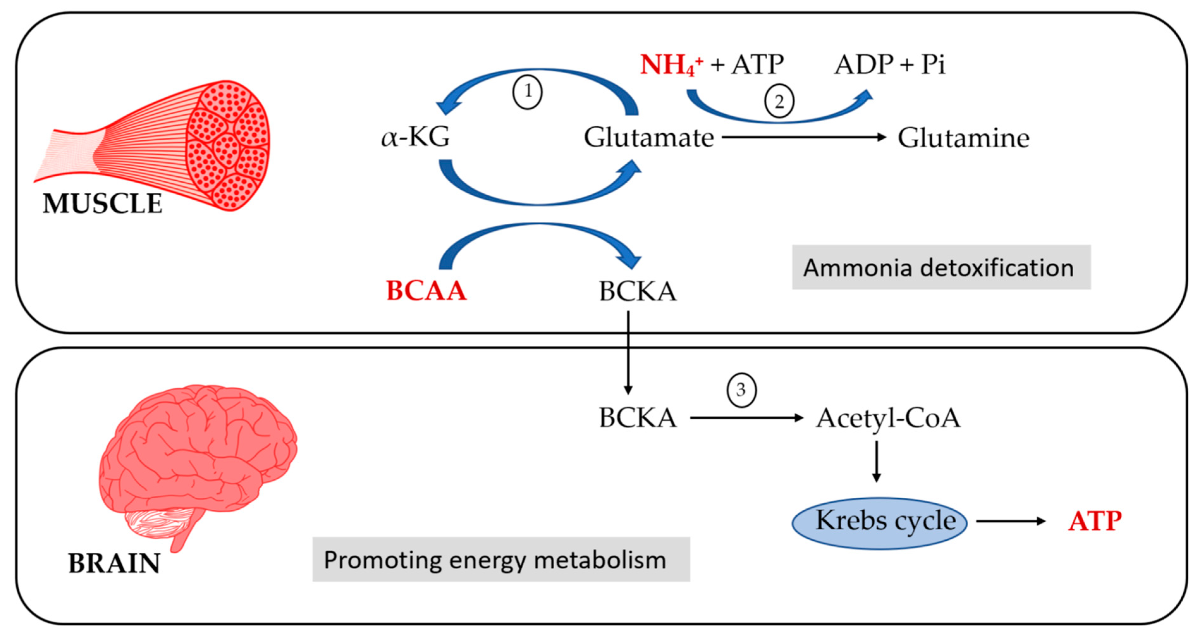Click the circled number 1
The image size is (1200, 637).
527,91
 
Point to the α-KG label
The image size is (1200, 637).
415,137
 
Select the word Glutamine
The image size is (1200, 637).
963,138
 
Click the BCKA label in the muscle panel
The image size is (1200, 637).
637,292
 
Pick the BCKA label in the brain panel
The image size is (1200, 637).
637,418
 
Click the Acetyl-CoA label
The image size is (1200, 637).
888,418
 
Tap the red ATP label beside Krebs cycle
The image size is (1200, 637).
1095,521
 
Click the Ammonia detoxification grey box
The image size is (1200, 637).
941,267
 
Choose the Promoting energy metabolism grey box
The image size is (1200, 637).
501,559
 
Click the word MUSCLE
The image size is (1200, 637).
102,203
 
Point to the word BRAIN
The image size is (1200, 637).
114,563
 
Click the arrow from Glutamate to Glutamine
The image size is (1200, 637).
804,137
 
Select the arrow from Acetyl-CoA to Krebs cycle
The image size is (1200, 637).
876,461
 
